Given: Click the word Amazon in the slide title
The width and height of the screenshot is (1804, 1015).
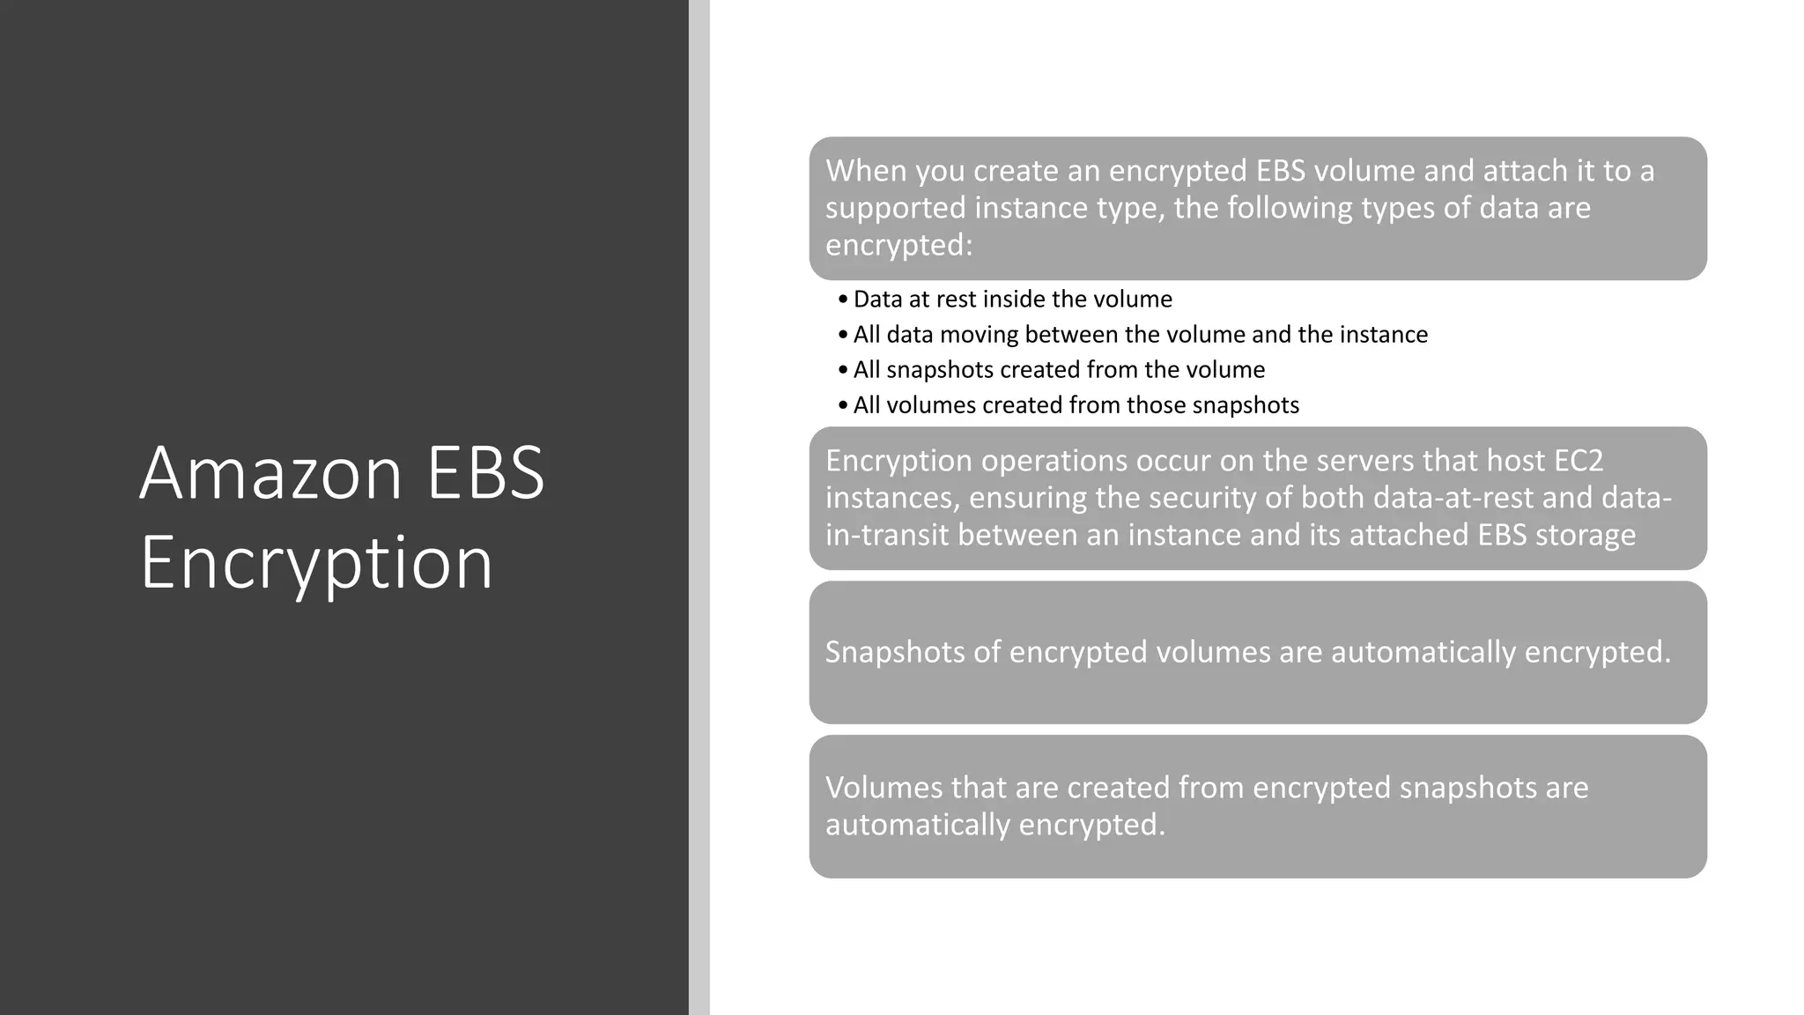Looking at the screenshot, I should pos(270,473).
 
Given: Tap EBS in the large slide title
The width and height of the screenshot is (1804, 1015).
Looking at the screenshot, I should pos(485,473).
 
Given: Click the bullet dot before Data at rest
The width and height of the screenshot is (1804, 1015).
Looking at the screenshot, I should pos(843,300).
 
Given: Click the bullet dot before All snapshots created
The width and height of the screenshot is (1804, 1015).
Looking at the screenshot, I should pos(843,370).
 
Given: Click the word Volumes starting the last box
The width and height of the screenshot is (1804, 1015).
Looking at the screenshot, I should pos(884,788).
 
